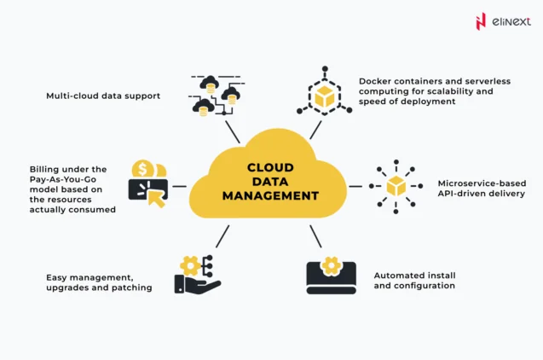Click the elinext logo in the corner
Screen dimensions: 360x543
[502, 20]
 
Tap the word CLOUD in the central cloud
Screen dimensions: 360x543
[271, 168]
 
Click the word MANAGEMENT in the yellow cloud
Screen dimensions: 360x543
[271, 195]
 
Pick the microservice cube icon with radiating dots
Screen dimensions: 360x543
[396, 186]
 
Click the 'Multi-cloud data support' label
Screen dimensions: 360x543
[103, 96]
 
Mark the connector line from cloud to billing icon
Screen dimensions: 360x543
[179, 186]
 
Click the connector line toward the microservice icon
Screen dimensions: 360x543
[355, 186]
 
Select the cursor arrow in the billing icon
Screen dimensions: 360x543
[157, 197]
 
